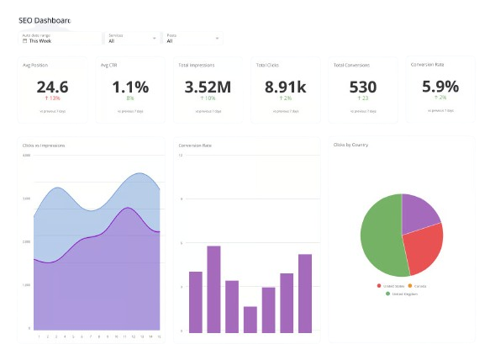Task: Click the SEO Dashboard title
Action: click(45, 20)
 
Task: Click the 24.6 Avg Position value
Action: click(52, 87)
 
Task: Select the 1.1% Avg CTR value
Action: click(130, 87)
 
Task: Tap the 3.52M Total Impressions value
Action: click(208, 87)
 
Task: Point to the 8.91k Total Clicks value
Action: click(286, 87)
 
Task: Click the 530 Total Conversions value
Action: click(363, 87)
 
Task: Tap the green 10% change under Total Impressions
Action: click(208, 98)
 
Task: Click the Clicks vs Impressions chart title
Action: click(44, 146)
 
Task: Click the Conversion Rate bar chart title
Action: click(195, 146)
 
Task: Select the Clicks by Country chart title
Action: click(350, 145)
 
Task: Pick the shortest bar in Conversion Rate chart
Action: click(250, 319)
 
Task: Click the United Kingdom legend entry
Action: click(401, 294)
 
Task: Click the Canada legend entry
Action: click(418, 286)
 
